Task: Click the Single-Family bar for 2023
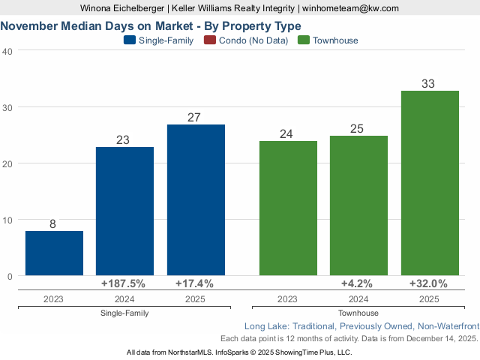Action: pyautogui.click(x=54, y=253)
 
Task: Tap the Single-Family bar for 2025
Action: pyautogui.click(x=196, y=200)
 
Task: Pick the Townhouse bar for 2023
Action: pyautogui.click(x=287, y=208)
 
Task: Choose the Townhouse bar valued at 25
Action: pyautogui.click(x=358, y=205)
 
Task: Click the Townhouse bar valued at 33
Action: pyautogui.click(x=429, y=183)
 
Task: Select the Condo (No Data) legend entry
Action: pyautogui.click(x=251, y=40)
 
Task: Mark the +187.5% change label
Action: pyautogui.click(x=123, y=283)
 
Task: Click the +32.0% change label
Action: pyautogui.click(x=428, y=283)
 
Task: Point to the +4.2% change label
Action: pyautogui.click(x=358, y=283)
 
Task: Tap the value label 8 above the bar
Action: pyautogui.click(x=53, y=223)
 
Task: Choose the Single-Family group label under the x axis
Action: pyautogui.click(x=124, y=313)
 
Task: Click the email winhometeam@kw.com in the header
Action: pyautogui.click(x=350, y=8)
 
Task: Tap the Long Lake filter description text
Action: pyautogui.click(x=361, y=326)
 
